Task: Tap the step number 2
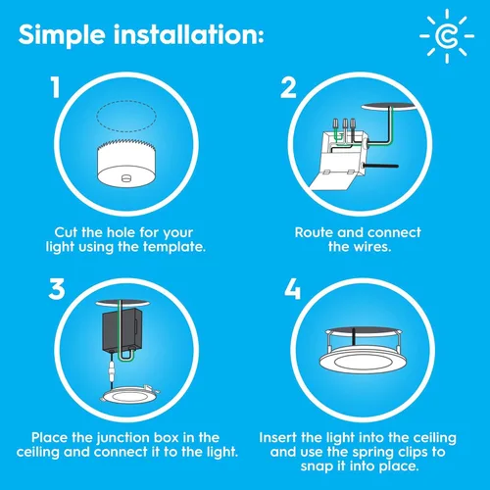coord(288,89)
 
